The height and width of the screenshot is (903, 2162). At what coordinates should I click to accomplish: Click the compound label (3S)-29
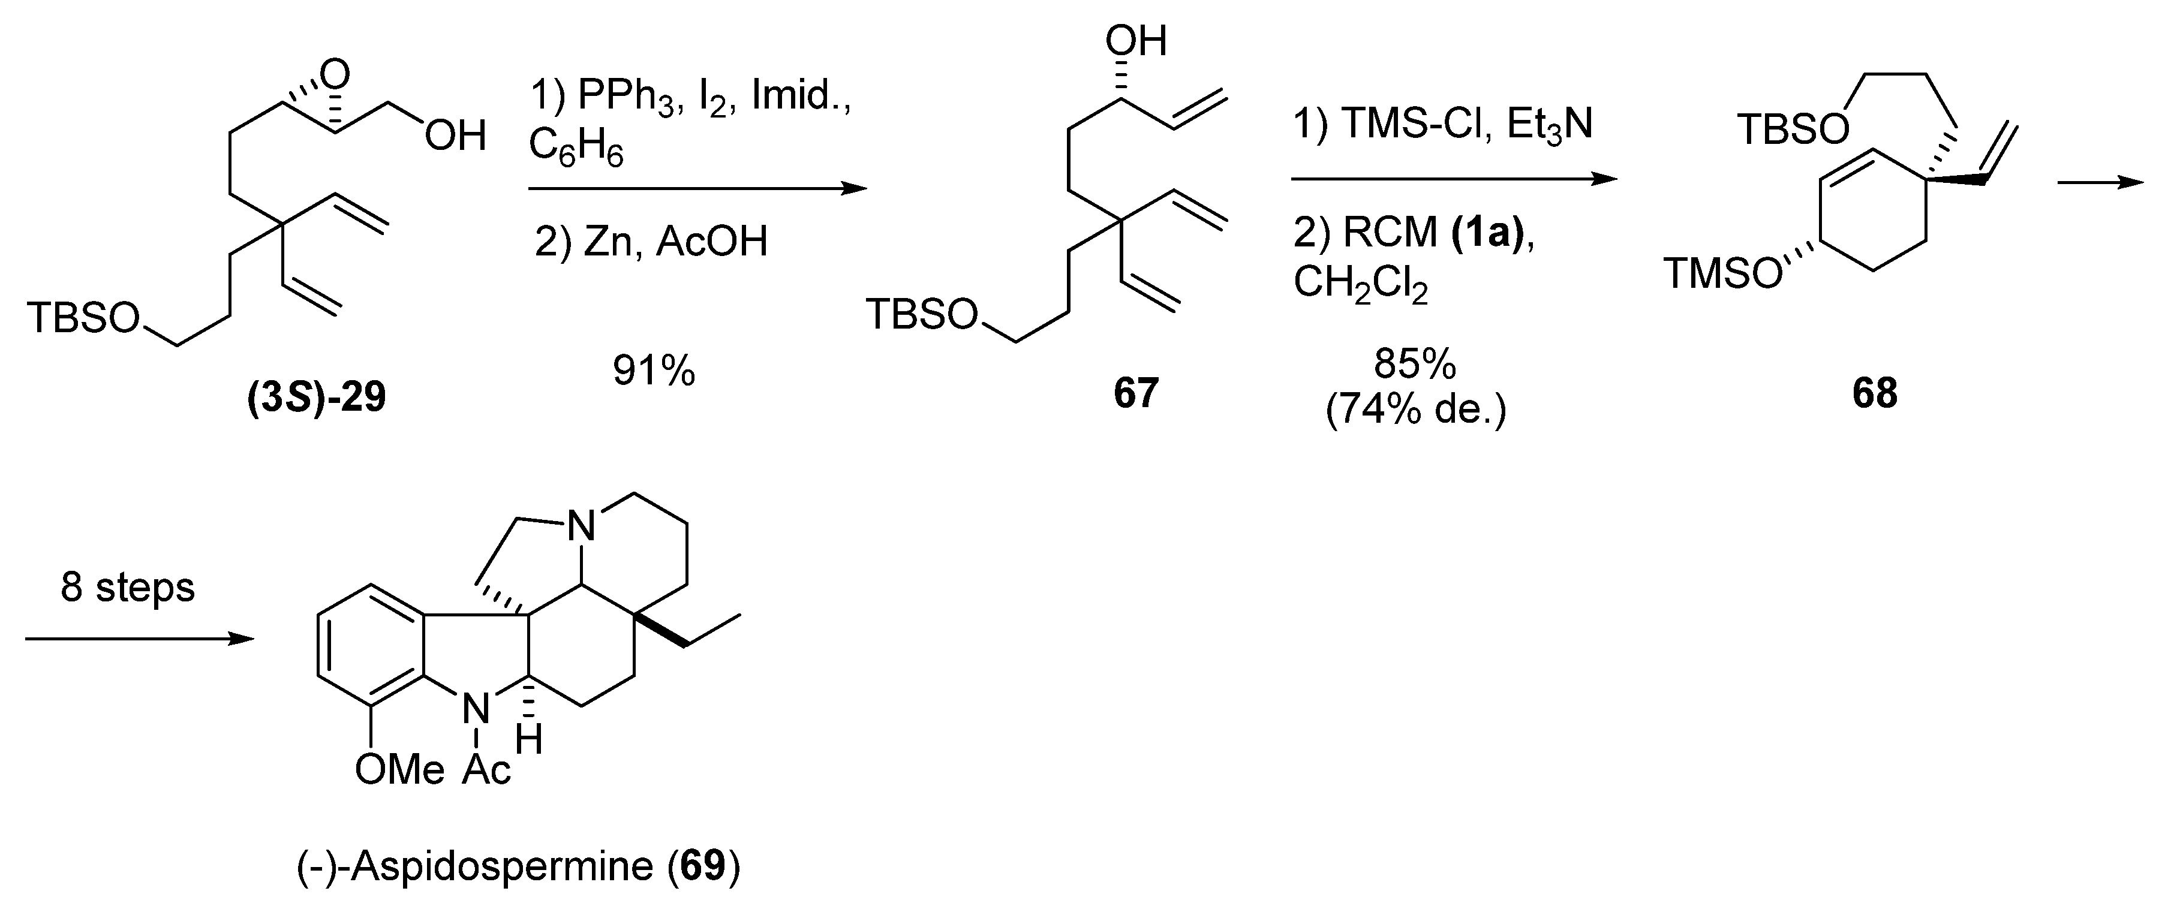click(317, 397)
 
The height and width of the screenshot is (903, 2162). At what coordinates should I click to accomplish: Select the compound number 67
click(1135, 393)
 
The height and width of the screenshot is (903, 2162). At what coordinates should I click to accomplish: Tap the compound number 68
click(1874, 393)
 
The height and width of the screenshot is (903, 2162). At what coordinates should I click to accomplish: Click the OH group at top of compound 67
click(1135, 40)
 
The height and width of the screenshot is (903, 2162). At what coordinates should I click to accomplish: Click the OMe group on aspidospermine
click(399, 769)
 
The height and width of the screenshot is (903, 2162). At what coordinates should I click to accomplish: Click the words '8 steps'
click(128, 588)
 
